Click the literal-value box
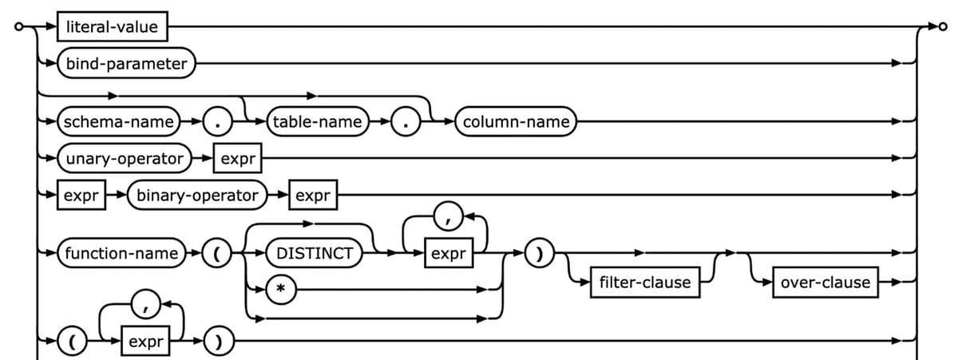pyautogui.click(x=112, y=27)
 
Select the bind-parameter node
pyautogui.click(x=126, y=63)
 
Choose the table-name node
pyautogui.click(x=317, y=122)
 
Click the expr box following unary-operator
pyautogui.click(x=238, y=158)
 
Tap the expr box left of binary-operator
pyautogui.click(x=81, y=194)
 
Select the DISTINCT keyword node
pyautogui.click(x=315, y=254)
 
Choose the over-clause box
pyautogui.click(x=825, y=283)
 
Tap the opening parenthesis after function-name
pyautogui.click(x=216, y=254)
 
